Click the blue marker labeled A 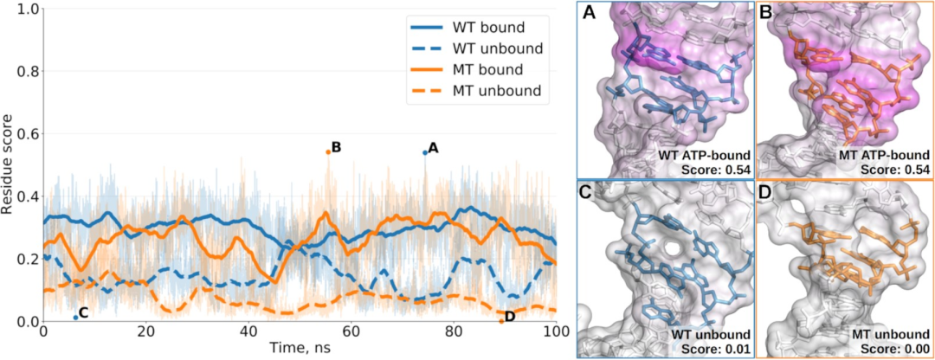[x=425, y=152]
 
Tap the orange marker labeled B [x=328, y=151]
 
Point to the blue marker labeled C [x=76, y=318]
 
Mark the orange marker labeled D [x=501, y=321]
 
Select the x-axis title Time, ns [x=300, y=348]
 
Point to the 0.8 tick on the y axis [x=25, y=71]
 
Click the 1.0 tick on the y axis [x=25, y=9]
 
